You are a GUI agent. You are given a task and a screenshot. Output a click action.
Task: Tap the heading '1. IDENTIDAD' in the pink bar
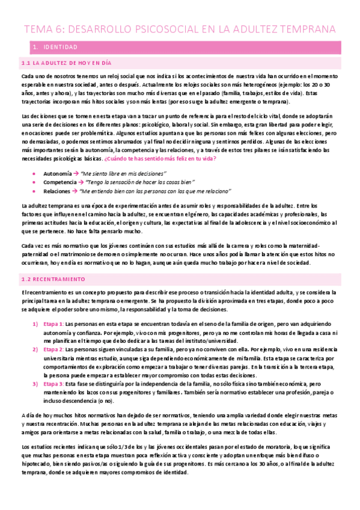pos(53,46)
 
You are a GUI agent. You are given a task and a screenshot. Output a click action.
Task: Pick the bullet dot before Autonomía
pos(38,173)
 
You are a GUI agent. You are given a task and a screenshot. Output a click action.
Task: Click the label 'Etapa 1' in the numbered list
pos(54,324)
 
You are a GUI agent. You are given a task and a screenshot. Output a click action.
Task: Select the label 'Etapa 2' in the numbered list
pos(54,348)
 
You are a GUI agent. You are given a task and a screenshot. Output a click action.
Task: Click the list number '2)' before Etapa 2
pos(35,348)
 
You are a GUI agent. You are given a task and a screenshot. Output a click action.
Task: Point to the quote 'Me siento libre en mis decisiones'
pos(129,173)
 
